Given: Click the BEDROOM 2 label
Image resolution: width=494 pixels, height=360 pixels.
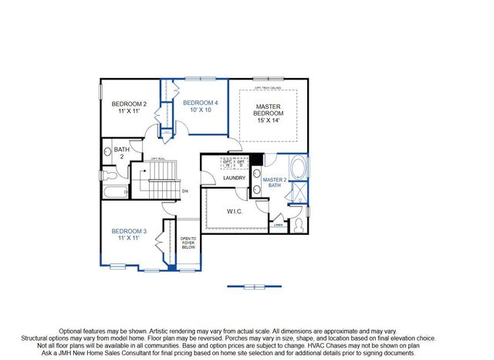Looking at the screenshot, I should pyautogui.click(x=129, y=104).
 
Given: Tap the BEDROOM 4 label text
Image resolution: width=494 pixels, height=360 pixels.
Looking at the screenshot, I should pyautogui.click(x=200, y=103).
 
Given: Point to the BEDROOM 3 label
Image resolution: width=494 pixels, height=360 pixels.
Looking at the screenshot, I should pyautogui.click(x=129, y=231).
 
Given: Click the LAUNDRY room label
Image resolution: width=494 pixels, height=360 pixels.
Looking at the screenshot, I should pyautogui.click(x=234, y=178).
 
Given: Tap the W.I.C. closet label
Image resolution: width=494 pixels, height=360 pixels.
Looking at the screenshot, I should pyautogui.click(x=236, y=211).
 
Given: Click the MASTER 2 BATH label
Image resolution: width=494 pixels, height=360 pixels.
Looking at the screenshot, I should pyautogui.click(x=275, y=183).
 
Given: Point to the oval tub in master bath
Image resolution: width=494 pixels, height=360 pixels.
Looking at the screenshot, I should pyautogui.click(x=297, y=168).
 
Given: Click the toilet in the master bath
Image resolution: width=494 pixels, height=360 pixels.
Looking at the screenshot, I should pyautogui.click(x=298, y=225).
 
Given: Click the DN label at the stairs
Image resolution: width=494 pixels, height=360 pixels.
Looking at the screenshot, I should pyautogui.click(x=184, y=191).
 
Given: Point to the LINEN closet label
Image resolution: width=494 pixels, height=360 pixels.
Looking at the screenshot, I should pyautogui.click(x=279, y=226).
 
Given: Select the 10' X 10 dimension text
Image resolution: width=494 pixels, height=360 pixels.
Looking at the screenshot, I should pyautogui.click(x=200, y=110).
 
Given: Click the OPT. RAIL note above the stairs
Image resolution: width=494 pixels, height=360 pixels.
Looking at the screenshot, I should pyautogui.click(x=157, y=159).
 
